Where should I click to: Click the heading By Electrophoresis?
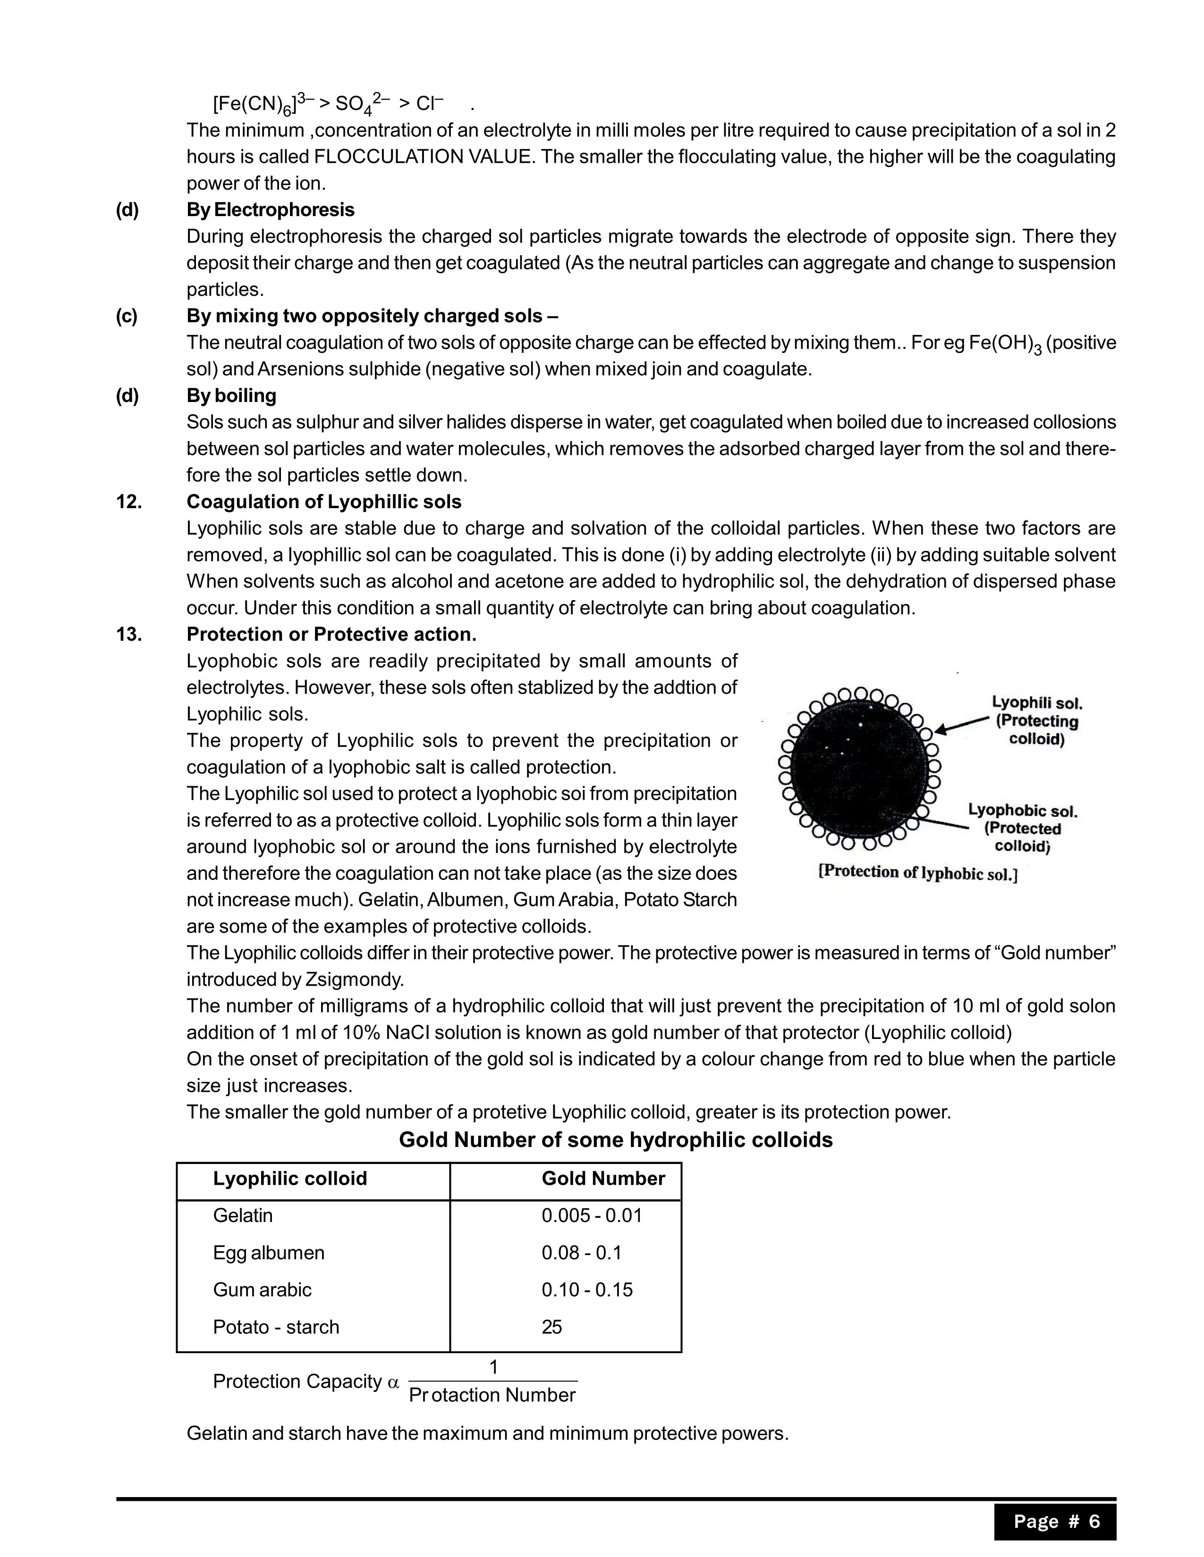tap(271, 209)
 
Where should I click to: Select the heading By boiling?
tap(231, 396)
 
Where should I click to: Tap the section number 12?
tap(129, 502)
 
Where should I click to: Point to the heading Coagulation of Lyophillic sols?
tap(324, 502)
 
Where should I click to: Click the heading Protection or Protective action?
tap(331, 635)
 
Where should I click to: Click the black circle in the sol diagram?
tap(859, 770)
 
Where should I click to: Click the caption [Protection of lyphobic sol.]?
tap(918, 872)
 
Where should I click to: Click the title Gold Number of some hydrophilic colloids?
tap(616, 1140)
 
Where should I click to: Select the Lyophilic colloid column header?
tap(289, 1179)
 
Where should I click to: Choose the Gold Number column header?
tap(603, 1179)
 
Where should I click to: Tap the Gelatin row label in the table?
tap(243, 1215)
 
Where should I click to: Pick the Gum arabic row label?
tap(262, 1289)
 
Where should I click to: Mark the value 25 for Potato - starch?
tap(551, 1327)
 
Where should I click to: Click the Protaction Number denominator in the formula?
tap(492, 1395)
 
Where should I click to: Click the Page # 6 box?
tap(1056, 1521)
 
